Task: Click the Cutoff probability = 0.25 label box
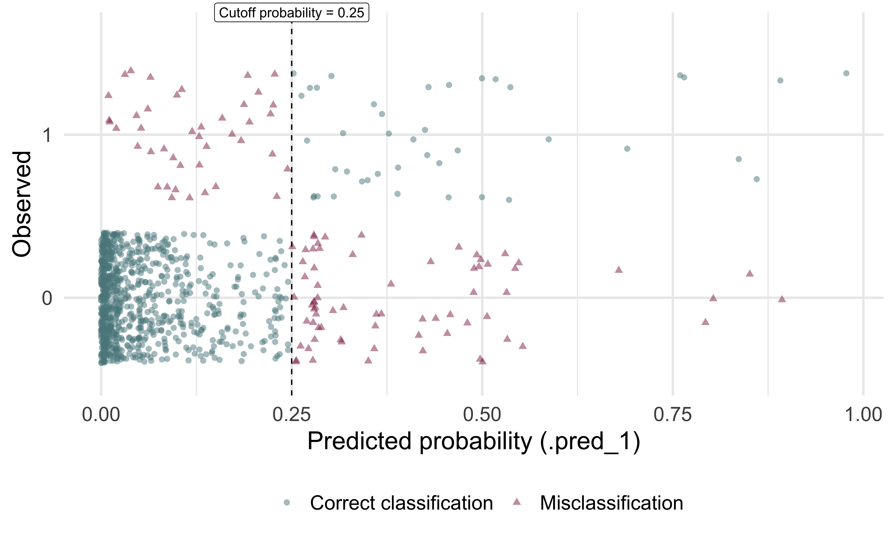coord(291,13)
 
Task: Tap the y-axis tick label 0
coord(47,298)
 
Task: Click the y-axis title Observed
coord(22,204)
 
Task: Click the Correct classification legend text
coord(401,503)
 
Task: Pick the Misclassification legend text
coord(611,503)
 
